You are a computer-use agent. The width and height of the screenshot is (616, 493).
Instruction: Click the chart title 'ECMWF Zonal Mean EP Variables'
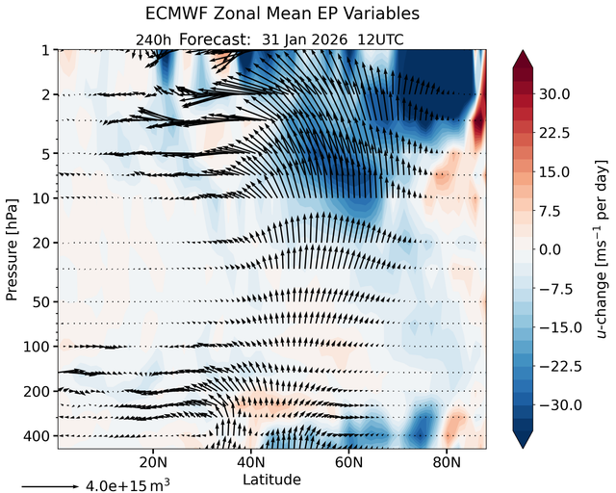[x=282, y=13]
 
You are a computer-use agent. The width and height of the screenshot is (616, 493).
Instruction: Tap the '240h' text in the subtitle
[x=153, y=40]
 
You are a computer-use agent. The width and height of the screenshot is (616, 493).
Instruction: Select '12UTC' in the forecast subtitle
[x=380, y=39]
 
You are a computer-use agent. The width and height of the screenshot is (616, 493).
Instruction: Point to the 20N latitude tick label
[x=153, y=462]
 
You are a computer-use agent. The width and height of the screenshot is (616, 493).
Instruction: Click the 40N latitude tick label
[x=251, y=462]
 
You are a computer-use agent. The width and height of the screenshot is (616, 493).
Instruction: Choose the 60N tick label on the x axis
[x=348, y=462]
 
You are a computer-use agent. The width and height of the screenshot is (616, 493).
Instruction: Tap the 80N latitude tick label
[x=447, y=462]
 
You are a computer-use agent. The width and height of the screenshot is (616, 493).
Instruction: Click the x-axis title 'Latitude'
[x=271, y=480]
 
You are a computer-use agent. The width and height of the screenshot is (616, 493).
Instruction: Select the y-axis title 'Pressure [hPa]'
[x=12, y=250]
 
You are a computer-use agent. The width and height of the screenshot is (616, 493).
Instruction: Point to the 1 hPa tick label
[x=46, y=51]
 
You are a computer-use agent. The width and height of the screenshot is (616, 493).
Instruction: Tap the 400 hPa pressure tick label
[x=38, y=436]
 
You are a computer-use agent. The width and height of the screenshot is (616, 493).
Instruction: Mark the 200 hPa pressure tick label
[x=38, y=392]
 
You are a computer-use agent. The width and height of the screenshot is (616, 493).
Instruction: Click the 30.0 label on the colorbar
[x=554, y=94]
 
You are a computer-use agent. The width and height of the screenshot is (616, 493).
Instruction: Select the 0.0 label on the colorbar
[x=550, y=249]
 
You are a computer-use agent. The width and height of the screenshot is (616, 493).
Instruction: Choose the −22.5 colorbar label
[x=560, y=367]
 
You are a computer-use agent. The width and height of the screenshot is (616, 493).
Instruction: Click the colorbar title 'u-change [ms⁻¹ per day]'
[x=601, y=249]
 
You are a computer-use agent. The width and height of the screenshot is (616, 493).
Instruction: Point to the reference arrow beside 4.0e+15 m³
[x=50, y=486]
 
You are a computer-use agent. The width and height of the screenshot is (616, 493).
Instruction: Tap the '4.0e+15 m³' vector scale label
[x=128, y=485]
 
